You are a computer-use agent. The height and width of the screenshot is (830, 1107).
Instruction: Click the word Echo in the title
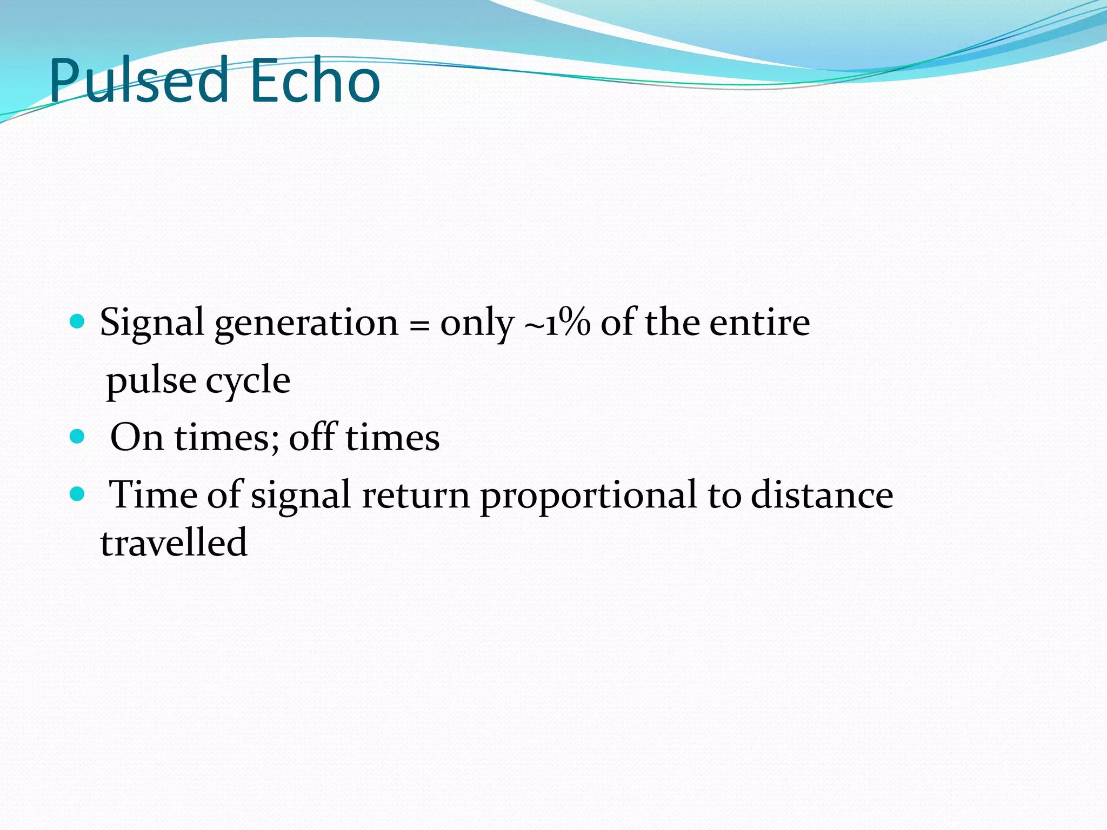(x=315, y=81)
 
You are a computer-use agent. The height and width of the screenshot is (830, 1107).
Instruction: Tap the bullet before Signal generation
(x=78, y=323)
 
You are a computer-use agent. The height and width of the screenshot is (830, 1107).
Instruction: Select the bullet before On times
(x=78, y=436)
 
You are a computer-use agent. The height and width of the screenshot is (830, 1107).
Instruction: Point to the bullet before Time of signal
(x=78, y=494)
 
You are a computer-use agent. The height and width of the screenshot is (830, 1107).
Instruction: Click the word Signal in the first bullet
(x=152, y=323)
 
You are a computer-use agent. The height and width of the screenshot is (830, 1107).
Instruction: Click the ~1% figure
(x=557, y=323)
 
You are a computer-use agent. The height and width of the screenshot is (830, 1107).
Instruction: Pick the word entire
(x=759, y=323)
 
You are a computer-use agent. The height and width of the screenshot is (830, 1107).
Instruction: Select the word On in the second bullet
(x=136, y=437)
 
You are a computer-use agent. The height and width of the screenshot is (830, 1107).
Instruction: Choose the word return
(x=416, y=495)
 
